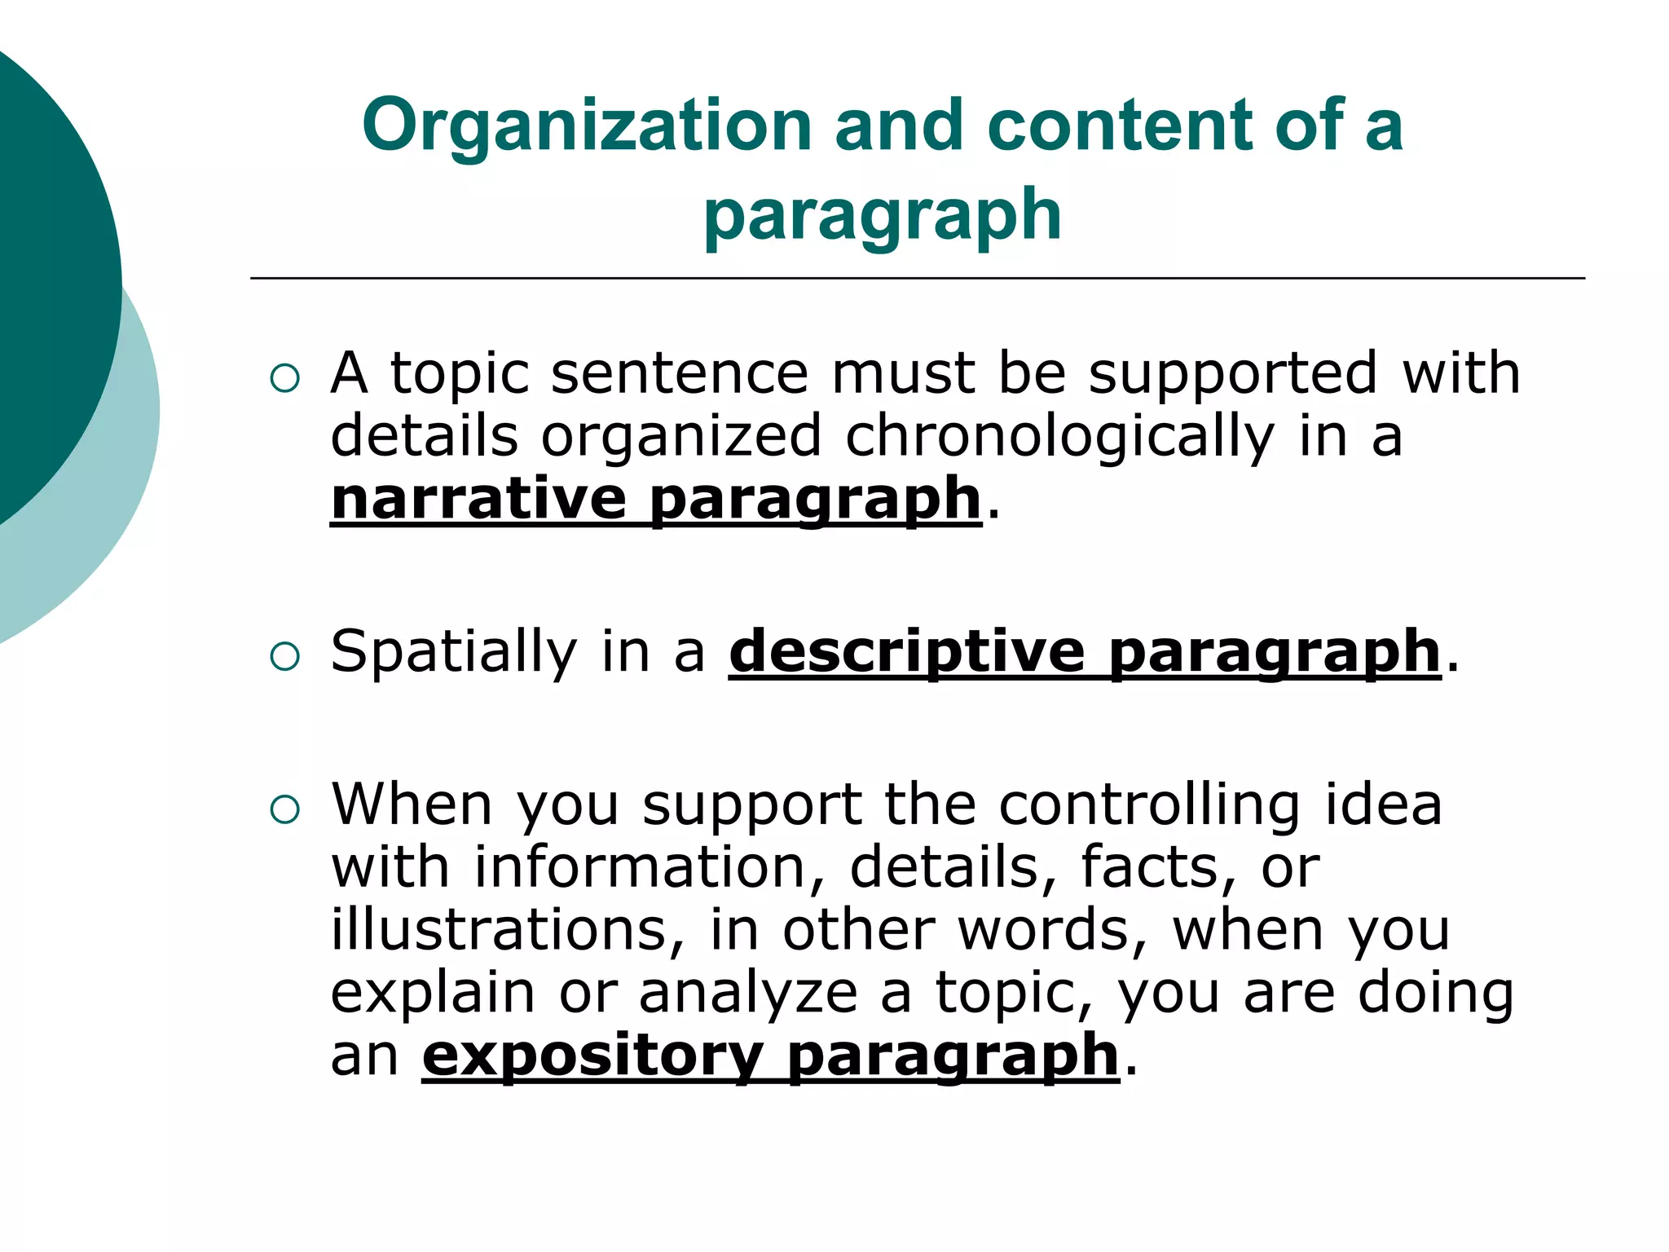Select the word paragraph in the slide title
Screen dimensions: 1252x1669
883,216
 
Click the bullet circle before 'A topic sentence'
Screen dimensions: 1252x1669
284,378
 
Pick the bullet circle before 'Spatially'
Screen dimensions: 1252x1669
284,656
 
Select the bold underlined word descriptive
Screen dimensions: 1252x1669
907,651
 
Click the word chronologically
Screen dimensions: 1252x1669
1059,437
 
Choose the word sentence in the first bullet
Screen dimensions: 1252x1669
680,373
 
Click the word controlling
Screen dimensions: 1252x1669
1149,806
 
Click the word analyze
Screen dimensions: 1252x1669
748,994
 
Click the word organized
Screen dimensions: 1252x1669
681,437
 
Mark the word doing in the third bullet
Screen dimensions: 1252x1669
1435,994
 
